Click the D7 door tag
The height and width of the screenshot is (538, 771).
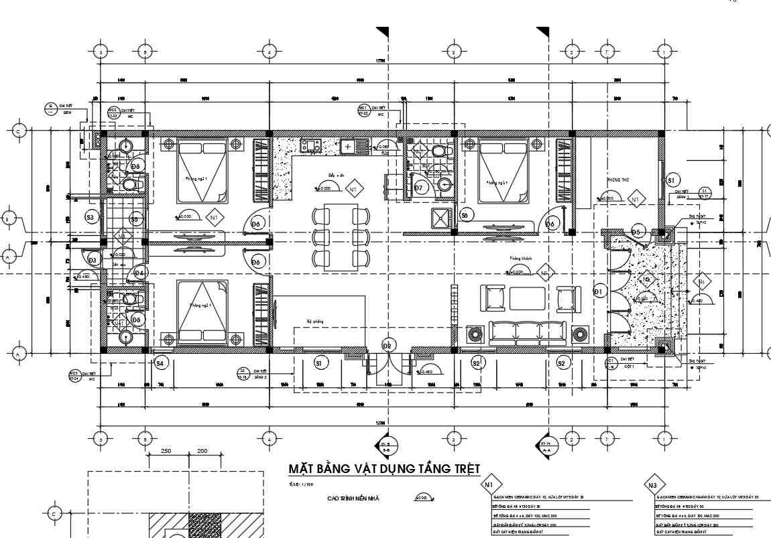pyautogui.click(x=420, y=188)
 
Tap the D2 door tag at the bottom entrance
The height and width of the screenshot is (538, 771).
pyautogui.click(x=387, y=345)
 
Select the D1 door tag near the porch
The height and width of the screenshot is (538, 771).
pyautogui.click(x=599, y=291)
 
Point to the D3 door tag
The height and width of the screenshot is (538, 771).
pyautogui.click(x=93, y=259)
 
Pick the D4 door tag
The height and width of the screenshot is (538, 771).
pyautogui.click(x=139, y=273)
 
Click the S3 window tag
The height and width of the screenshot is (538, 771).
pyautogui.click(x=91, y=216)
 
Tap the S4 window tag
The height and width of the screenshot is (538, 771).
pyautogui.click(x=160, y=363)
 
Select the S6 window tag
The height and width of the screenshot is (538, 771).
pyautogui.click(x=464, y=214)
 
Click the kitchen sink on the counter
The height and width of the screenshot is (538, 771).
pyautogui.click(x=349, y=145)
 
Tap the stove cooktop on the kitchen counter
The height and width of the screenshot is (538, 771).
pyautogui.click(x=312, y=145)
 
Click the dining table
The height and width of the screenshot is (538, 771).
pyautogui.click(x=341, y=237)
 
